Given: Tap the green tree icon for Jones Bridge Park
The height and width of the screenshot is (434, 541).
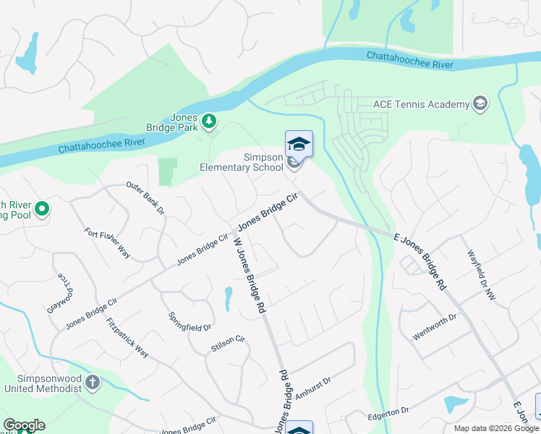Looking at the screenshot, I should coord(209,121).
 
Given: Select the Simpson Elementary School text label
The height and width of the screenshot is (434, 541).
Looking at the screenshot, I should coord(242,162).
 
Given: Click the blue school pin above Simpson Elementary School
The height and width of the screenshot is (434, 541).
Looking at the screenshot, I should coord(299,143).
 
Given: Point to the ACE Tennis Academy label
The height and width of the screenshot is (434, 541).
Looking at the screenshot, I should coord(422,104).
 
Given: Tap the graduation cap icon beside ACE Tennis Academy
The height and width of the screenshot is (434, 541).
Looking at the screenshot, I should coord(480,104).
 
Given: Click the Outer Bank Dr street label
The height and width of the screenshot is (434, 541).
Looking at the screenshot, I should coord(145,198).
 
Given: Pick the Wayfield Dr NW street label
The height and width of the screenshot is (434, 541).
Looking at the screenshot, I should coord(482,275).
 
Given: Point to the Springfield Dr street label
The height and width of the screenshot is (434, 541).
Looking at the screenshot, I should coord(189,321).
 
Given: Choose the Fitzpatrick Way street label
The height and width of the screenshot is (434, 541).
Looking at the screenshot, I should coord(127,338).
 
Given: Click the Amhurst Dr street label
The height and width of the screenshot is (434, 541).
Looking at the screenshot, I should coord(312,389).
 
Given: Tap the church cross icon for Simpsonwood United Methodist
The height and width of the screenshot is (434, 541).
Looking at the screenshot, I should coord(92,383).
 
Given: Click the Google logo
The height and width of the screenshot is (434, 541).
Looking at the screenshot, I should coord(24,425).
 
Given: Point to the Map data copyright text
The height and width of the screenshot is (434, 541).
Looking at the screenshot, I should coord(495,428).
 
